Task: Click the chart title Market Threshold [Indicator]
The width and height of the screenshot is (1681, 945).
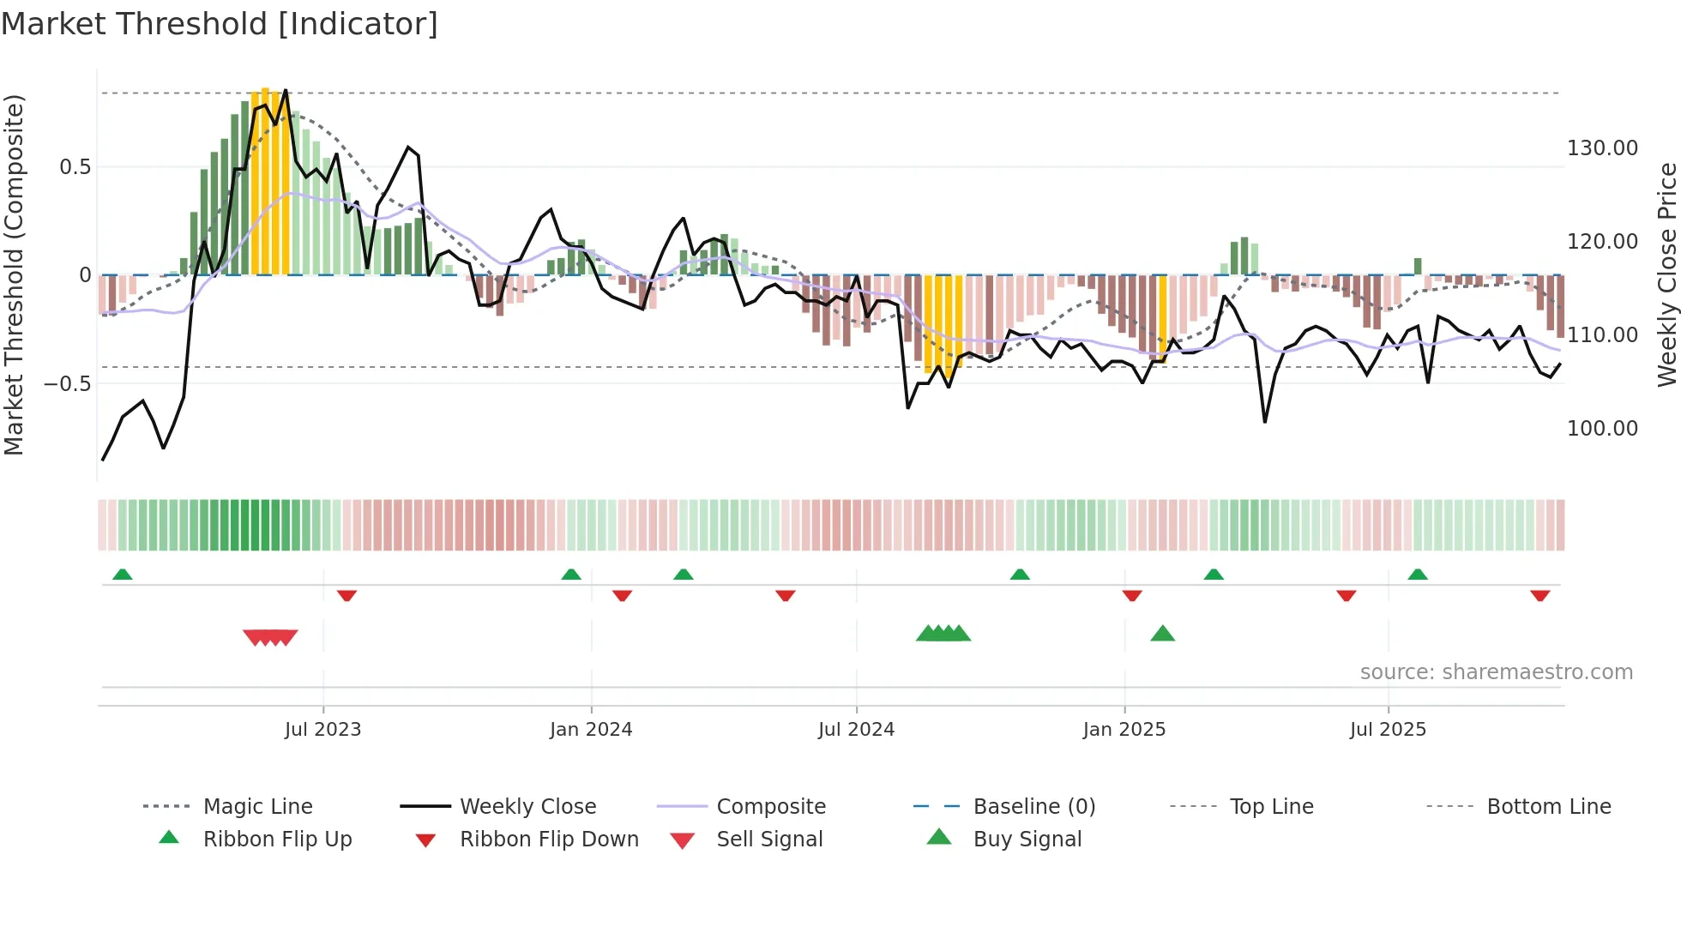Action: pos(220,24)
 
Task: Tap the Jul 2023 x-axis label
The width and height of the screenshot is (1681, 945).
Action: pos(322,730)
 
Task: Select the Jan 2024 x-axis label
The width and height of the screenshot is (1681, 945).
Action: pos(591,730)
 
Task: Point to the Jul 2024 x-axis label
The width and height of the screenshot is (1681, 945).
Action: pos(856,730)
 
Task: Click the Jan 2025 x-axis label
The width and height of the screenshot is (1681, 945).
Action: pos(1124,730)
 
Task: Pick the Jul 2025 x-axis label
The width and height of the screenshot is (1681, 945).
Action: pos(1388,730)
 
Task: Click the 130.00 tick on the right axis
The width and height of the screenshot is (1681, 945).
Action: pos(1602,148)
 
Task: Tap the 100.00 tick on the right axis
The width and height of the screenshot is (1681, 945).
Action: pos(1602,428)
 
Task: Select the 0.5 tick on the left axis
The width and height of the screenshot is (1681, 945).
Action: pos(75,167)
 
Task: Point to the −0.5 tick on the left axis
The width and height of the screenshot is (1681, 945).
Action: pos(68,383)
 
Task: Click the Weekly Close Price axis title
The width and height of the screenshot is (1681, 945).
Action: pos(1666,274)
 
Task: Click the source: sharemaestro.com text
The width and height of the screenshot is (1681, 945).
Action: pos(1496,672)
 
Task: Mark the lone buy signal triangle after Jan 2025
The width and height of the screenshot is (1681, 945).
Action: pos(1162,634)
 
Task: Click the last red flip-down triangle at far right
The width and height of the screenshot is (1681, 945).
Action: pos(1539,595)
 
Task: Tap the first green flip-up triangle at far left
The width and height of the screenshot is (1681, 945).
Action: pos(123,575)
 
